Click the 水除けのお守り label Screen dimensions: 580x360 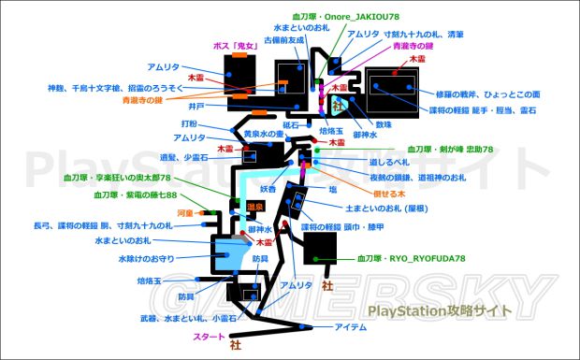[x=150, y=258]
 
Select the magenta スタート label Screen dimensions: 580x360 [x=212, y=335]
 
